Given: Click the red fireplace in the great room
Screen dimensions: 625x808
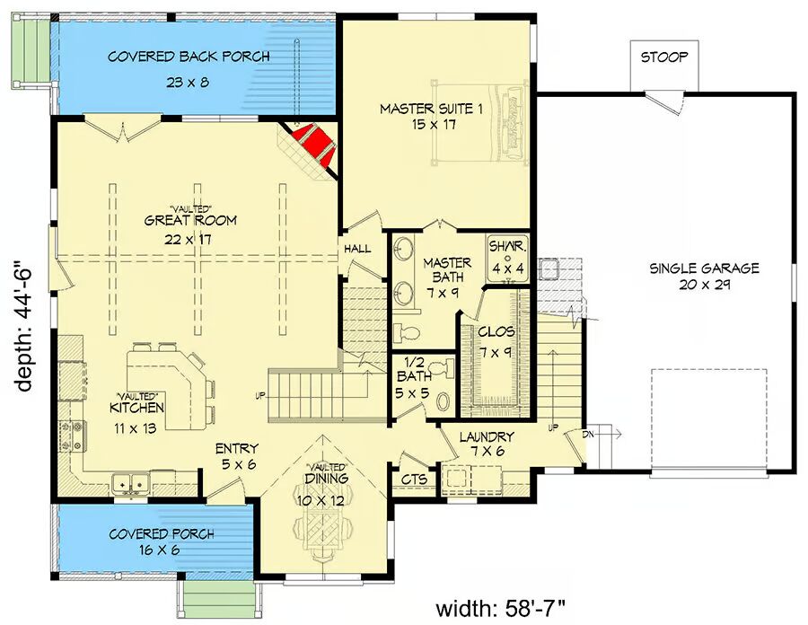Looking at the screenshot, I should [x=311, y=147].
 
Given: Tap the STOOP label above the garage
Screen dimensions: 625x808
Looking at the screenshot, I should [x=664, y=57].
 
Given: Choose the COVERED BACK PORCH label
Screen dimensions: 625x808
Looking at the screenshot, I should [x=189, y=66].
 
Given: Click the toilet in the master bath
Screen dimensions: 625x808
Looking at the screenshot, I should [x=408, y=332].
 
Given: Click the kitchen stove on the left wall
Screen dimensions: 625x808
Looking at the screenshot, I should [x=75, y=436].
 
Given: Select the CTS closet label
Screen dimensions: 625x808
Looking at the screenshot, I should [x=413, y=480].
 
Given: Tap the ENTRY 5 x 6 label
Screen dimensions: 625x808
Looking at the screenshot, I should [x=236, y=456].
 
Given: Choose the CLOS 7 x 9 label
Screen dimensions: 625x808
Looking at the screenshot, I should [x=495, y=342].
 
